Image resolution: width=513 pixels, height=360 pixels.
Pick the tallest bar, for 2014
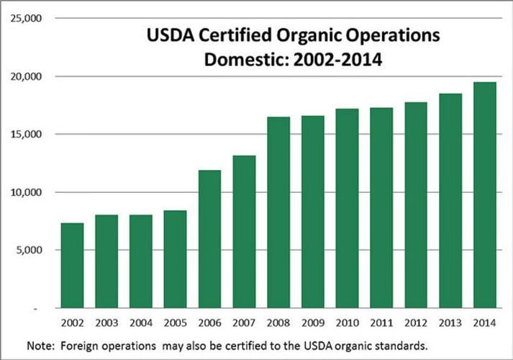click(485, 194)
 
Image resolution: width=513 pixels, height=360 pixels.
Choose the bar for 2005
click(175, 259)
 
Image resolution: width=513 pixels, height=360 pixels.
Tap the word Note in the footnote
click(40, 346)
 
